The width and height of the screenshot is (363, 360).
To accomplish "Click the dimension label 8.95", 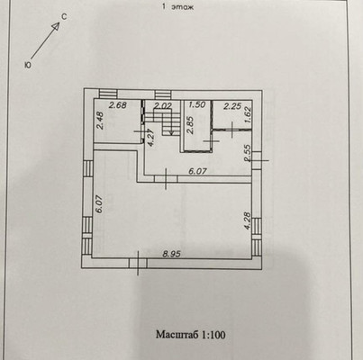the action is (171, 254).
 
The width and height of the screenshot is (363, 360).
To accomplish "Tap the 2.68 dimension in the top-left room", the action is (118, 105).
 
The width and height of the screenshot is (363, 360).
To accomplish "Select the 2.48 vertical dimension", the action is (101, 121).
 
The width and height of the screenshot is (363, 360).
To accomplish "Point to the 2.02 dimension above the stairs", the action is (162, 105).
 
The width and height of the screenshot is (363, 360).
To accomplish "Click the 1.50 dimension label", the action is (196, 104).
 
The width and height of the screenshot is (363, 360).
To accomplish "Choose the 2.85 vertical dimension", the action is (190, 124).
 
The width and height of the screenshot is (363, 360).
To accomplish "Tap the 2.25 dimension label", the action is (232, 106).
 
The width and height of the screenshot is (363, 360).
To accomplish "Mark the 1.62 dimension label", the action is (248, 115).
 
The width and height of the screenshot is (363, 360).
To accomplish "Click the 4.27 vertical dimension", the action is (151, 137).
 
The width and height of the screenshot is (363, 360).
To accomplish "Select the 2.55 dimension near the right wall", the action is (248, 154).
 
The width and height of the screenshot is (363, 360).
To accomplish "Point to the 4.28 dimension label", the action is (248, 220).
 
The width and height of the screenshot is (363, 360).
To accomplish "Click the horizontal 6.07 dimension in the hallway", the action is (197, 171).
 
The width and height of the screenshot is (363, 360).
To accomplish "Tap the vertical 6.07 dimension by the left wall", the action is (100, 204).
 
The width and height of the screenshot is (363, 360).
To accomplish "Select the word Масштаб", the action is (177, 335).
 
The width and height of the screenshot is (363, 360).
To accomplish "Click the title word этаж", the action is (183, 7).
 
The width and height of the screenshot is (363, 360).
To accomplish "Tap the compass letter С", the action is (64, 17).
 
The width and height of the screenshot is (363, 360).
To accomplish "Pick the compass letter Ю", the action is (28, 65).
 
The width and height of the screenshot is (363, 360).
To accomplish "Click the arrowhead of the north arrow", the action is (57, 24).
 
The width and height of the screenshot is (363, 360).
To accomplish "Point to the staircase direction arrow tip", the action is (172, 134).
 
